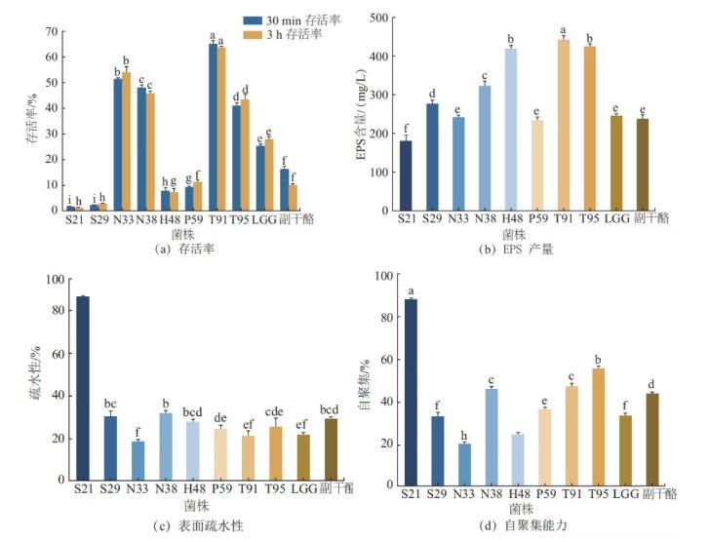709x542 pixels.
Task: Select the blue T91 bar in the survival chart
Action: point(212,127)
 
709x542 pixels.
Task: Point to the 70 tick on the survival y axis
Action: point(50,31)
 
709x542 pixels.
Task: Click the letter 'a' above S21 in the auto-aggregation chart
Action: point(411,290)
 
